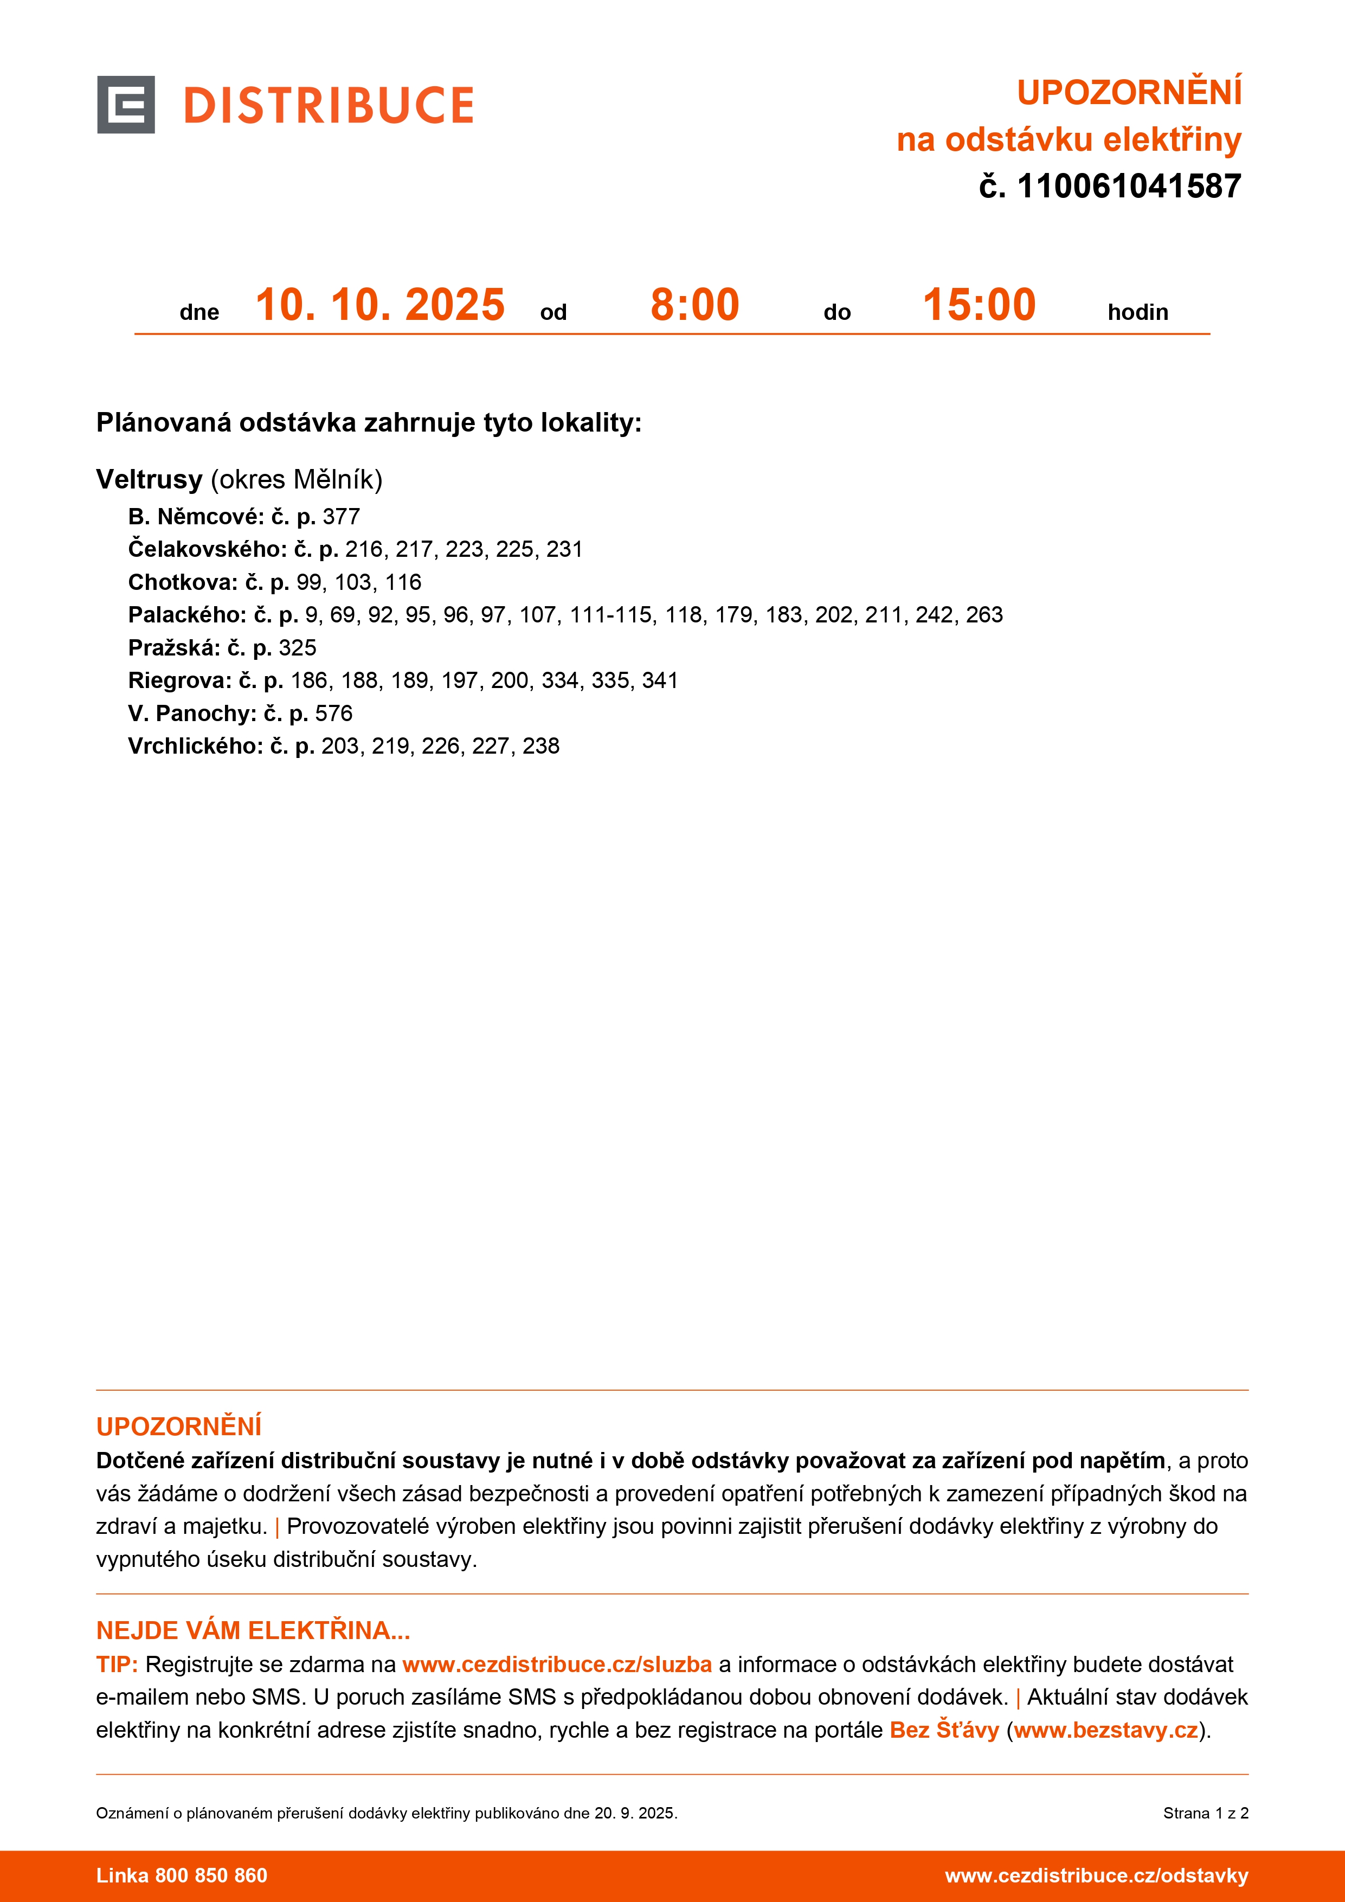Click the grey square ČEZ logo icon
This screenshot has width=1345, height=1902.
(126, 105)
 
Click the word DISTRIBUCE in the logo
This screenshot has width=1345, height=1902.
(329, 106)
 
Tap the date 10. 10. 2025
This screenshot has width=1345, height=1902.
(380, 305)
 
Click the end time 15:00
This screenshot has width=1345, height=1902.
(979, 305)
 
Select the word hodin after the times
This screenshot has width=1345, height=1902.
(1137, 312)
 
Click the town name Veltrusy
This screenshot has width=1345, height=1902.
(149, 480)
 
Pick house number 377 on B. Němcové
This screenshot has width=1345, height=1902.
(341, 517)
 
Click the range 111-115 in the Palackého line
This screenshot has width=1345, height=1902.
(610, 615)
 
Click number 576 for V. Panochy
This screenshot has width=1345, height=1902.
(334, 714)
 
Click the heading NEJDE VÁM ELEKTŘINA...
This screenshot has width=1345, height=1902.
(253, 1630)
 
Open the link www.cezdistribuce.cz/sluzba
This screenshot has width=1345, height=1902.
(557, 1665)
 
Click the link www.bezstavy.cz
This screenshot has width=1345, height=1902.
(1105, 1730)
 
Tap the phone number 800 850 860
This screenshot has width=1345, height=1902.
(211, 1875)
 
